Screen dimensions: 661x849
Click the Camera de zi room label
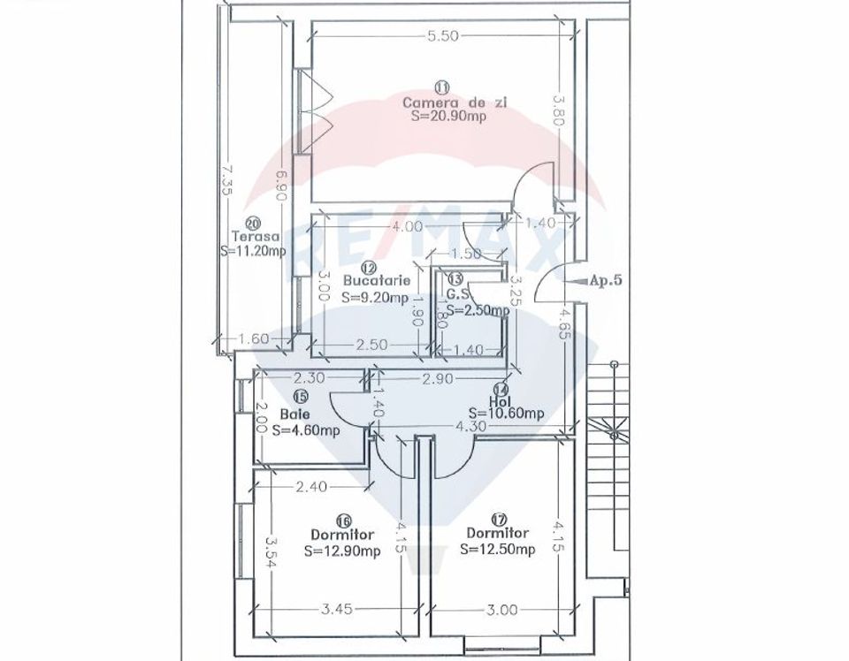[x=442, y=103]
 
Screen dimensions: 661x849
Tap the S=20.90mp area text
[x=442, y=116]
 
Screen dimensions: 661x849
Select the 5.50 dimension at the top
[x=441, y=36]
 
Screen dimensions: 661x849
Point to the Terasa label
[x=256, y=237]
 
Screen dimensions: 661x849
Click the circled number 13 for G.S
[x=455, y=278]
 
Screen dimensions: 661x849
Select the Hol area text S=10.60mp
[x=506, y=413]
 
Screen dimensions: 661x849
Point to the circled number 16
[x=342, y=520]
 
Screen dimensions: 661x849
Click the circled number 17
[x=499, y=518]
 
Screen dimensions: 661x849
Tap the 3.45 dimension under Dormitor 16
[x=337, y=610]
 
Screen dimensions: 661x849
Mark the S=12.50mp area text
[x=498, y=549]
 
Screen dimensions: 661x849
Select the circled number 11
[x=442, y=87]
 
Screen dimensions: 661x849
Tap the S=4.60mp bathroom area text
[x=306, y=430]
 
